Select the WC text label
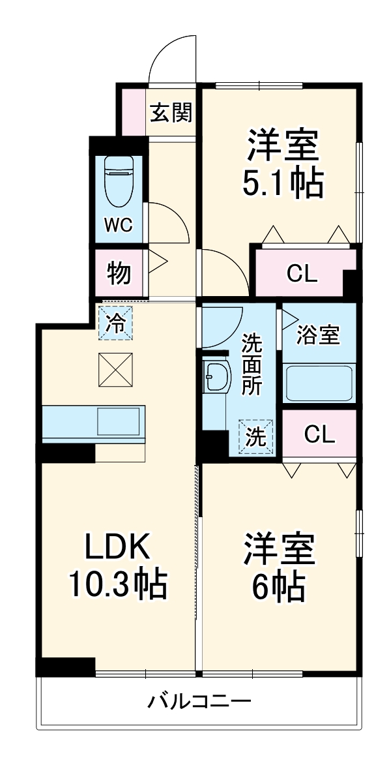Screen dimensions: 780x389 [119, 225]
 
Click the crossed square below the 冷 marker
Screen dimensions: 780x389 [116, 370]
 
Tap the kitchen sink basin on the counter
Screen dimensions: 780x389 [118, 421]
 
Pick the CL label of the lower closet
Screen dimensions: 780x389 [319, 434]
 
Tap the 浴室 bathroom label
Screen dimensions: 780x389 [317, 336]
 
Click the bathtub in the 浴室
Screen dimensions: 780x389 [319, 383]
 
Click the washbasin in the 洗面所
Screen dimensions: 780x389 [215, 377]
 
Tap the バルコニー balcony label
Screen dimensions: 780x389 [199, 702]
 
